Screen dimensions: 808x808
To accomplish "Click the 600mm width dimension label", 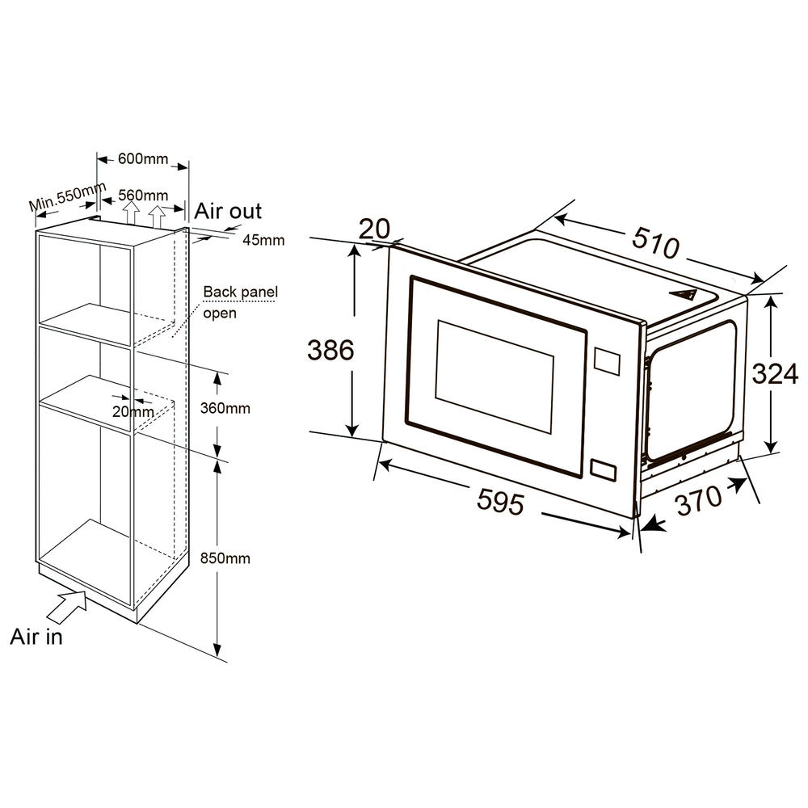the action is coord(143,158).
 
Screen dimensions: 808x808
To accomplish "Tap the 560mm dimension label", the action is coord(143,196).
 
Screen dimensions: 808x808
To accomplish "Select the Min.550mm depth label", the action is coord(68,196).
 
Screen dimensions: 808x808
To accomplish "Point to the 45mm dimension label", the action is coord(263,240).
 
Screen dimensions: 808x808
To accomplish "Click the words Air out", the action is coord(228,211).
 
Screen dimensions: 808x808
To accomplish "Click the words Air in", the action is coord(36,637).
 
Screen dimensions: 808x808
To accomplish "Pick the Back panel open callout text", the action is coord(240,302).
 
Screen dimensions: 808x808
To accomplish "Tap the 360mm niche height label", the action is coord(225,408).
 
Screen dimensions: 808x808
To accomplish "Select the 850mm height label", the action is coord(225,558).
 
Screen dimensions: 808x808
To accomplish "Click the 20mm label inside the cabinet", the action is coord(133,411).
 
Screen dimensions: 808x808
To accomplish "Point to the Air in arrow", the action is coord(67,608).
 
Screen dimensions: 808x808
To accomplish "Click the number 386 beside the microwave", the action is coord(330,350).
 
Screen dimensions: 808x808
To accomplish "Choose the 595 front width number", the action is coord(500,501).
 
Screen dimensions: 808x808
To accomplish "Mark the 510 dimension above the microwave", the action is coord(655,242).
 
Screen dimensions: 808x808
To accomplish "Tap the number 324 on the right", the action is coord(775,373).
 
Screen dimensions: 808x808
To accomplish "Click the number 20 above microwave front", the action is coord(374,229).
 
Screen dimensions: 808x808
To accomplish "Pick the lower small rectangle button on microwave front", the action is coord(603,470).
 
